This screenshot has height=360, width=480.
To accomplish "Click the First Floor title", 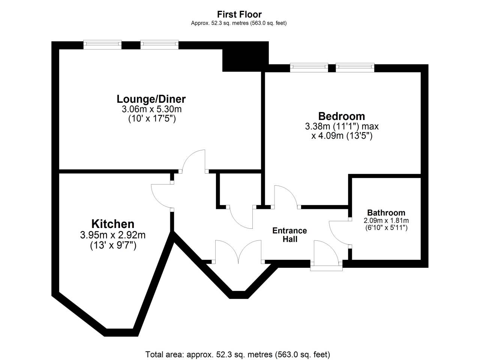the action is coord(239,15).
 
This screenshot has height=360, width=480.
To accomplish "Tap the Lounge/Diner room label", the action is coord(151,99).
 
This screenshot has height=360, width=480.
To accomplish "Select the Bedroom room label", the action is coord(342,116).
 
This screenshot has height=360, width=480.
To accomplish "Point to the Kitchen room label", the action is coord(113,224).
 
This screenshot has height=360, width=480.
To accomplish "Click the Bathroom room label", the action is coord(386,213).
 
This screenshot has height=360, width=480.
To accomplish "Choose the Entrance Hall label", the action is coord(290,235).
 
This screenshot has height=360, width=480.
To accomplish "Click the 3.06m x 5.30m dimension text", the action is coord(151,109).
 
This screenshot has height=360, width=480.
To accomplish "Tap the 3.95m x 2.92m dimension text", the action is coord(113,235).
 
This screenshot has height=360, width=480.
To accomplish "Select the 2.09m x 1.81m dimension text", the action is coord(386,220).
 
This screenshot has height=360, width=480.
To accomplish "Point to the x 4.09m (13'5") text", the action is coord(342,136).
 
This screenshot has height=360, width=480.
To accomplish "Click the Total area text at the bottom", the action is coord(238,354).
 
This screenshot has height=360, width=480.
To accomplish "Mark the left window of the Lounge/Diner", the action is coord(102,44).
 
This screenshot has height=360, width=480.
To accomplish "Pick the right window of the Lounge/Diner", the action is coord(159,44).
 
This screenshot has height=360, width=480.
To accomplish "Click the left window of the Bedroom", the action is coord(309,67).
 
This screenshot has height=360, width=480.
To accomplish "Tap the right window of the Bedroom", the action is coord(355,67).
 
